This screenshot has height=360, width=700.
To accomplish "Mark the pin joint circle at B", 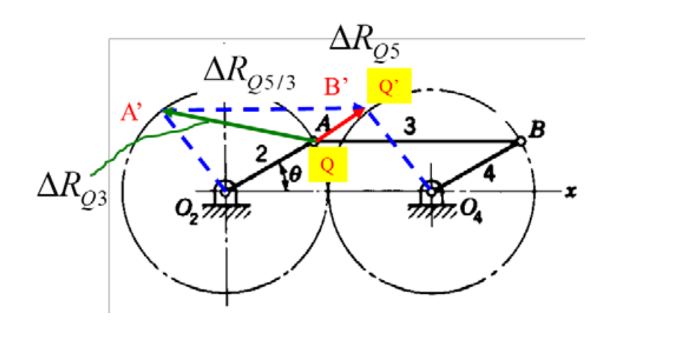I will [521, 141].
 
